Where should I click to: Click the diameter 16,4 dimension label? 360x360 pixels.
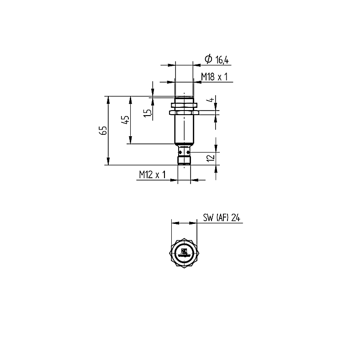point(217,59)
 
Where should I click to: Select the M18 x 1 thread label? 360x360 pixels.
point(214,77)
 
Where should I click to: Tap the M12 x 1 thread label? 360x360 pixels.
point(152,175)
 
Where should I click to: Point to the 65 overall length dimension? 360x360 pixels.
point(104,130)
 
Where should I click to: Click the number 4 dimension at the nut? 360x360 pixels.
point(211,100)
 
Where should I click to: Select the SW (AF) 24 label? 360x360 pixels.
point(222,217)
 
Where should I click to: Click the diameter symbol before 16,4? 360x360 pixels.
point(208,59)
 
